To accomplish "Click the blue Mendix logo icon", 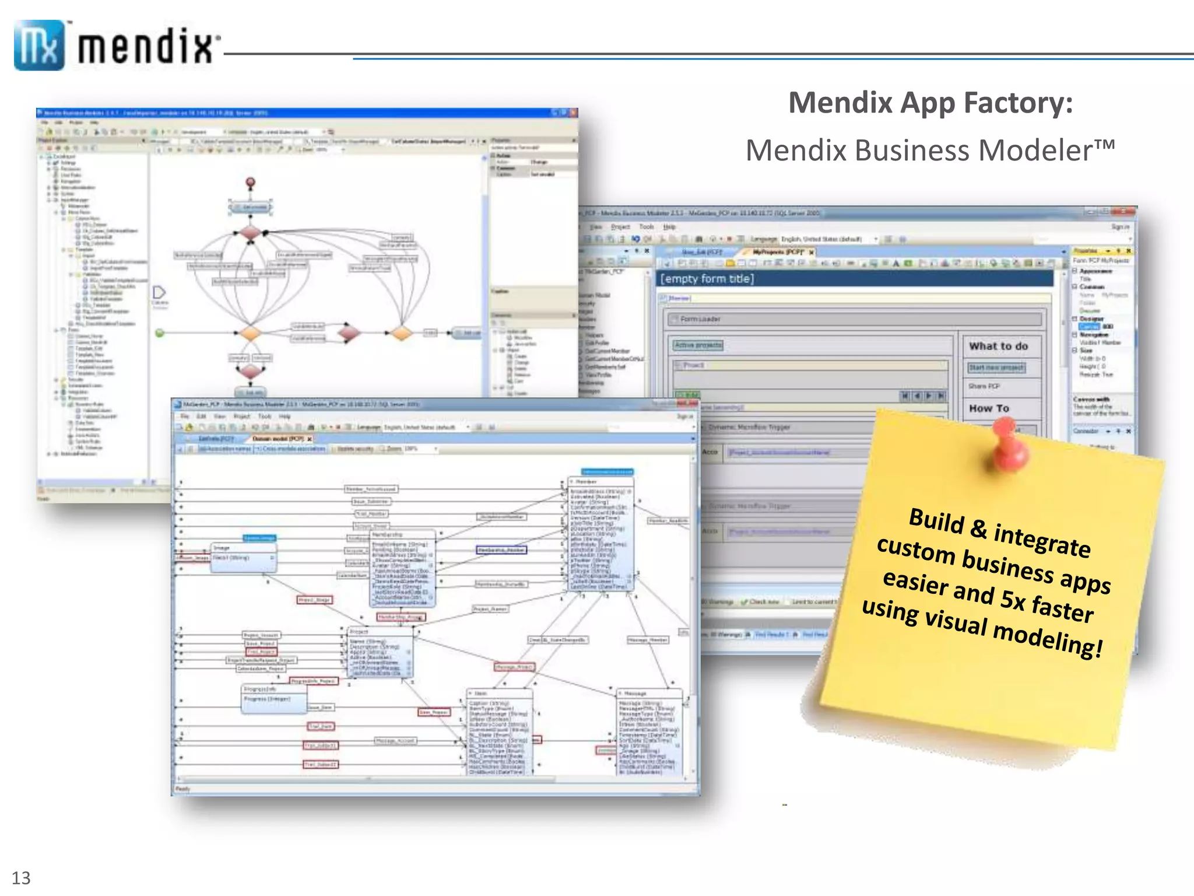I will coord(39,45).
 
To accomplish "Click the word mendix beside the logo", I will coord(146,47).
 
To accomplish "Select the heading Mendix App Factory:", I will coord(930,103).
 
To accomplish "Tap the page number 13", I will coord(21,877).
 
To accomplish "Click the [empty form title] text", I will coord(707,279).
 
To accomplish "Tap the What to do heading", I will coord(998,346).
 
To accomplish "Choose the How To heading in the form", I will coord(989,408).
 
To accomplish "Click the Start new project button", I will coord(996,367).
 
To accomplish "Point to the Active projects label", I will coord(698,345).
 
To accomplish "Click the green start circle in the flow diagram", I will coord(160,333).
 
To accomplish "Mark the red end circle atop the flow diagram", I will coord(251,183).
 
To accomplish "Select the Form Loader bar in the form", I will coord(854,319).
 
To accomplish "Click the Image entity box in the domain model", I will coord(243,557).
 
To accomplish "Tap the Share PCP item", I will coord(984,386).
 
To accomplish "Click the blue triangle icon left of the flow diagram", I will coord(159,292).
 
